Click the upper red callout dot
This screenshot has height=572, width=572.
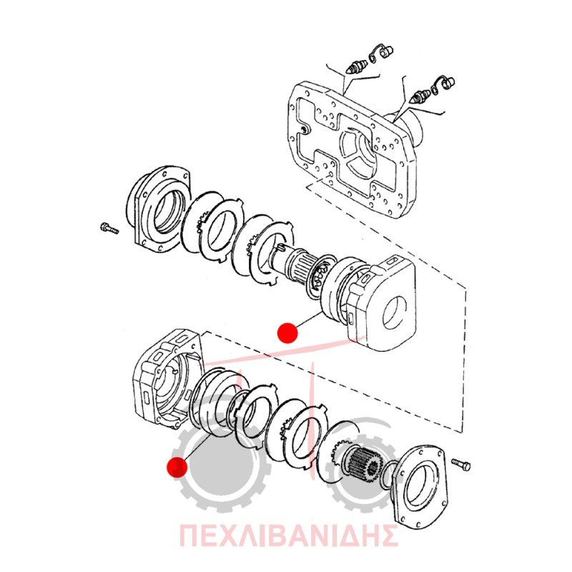point(287,332)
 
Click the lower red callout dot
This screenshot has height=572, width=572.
point(177,467)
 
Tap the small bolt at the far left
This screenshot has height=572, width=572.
point(109,228)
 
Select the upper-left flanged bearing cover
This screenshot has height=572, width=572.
point(158,209)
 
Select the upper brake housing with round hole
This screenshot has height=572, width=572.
point(380,302)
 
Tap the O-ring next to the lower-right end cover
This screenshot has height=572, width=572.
point(389,475)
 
